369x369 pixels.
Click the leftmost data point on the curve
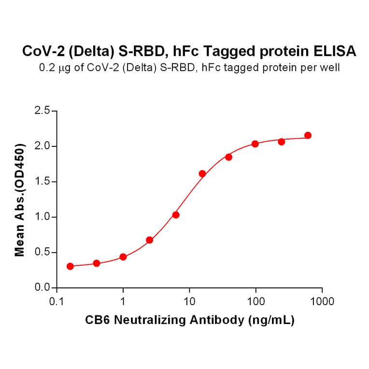71,266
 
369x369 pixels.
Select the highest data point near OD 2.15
308,135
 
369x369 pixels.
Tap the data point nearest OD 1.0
176,214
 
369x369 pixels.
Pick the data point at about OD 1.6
202,173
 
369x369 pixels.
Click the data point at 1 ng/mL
123,257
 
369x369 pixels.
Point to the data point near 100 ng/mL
255,144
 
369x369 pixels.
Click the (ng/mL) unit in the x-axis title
271,320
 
